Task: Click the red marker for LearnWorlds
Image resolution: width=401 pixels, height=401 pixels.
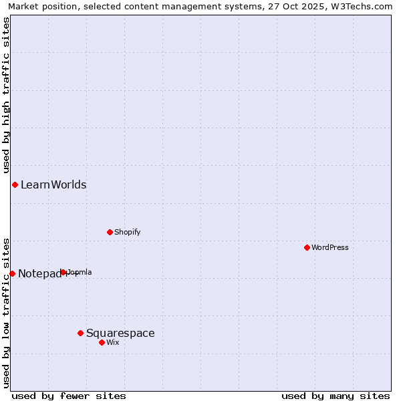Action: click(x=15, y=184)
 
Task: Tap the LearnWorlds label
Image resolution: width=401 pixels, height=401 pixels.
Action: click(x=53, y=185)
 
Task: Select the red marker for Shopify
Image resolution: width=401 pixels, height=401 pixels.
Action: click(x=110, y=232)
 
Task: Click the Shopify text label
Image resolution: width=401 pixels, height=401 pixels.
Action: click(x=127, y=233)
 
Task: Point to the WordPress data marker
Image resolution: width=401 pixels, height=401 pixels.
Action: click(x=307, y=247)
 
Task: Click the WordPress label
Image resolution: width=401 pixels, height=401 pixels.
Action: click(x=330, y=248)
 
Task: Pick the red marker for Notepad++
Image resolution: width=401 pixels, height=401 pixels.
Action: click(x=12, y=273)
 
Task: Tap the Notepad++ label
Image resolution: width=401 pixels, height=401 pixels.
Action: click(x=40, y=274)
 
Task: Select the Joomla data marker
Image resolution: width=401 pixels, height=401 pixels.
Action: click(x=63, y=272)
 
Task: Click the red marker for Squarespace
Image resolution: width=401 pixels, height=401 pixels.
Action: click(x=80, y=333)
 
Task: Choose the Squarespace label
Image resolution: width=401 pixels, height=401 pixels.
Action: click(x=120, y=333)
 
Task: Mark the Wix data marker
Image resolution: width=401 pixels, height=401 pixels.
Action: click(x=102, y=342)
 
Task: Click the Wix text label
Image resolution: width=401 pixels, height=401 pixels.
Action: click(x=113, y=343)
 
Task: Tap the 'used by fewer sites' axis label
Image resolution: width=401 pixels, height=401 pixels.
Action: click(x=69, y=396)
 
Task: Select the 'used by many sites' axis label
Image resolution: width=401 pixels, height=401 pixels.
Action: click(x=336, y=396)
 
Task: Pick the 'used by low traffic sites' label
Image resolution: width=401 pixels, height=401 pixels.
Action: click(x=7, y=312)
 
